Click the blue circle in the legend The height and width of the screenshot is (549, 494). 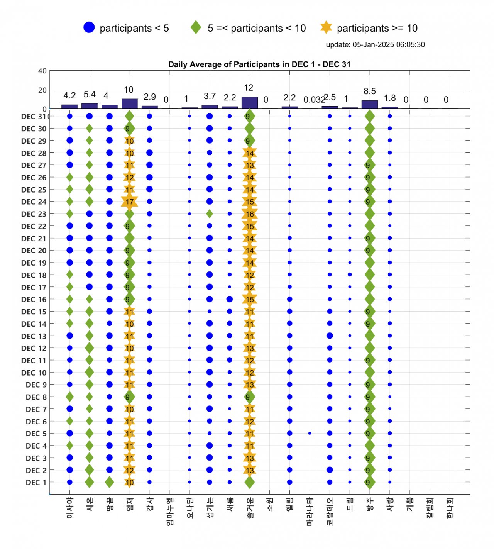point(89,27)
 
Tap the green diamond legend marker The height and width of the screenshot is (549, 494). point(196,27)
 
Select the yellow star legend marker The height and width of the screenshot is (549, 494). point(326,27)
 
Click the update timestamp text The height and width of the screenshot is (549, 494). point(375,44)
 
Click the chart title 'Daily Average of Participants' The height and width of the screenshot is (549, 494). point(259,64)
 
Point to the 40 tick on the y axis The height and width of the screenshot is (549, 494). point(42,71)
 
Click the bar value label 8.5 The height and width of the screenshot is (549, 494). point(369,91)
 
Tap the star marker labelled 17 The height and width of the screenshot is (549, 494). point(129,202)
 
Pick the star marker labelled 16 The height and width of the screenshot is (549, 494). point(250,214)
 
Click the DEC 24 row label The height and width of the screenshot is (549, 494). point(34,202)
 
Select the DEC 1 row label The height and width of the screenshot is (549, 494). point(36,483)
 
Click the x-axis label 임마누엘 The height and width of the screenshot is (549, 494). point(169,512)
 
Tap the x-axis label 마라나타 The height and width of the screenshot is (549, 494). point(310,512)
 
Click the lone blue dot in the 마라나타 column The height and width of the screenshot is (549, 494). point(310,433)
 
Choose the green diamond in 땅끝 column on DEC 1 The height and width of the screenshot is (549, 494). point(109,482)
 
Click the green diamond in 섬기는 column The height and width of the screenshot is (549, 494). point(210,213)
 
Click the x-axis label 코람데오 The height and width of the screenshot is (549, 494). point(330,512)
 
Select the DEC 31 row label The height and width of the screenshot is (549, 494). point(34,117)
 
